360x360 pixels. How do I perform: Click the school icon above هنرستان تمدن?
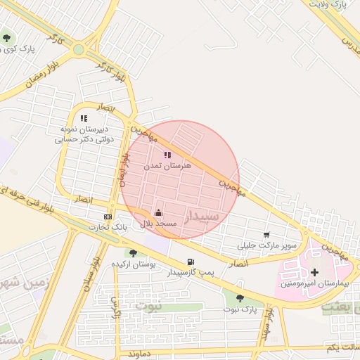click(x=167, y=155)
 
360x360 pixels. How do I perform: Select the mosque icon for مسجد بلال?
click(x=159, y=212)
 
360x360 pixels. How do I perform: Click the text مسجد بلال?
click(x=159, y=223)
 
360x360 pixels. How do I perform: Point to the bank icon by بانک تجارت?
click(x=108, y=217)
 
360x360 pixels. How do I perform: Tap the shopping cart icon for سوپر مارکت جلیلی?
click(x=266, y=236)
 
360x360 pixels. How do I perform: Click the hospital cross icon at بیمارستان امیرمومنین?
click(x=314, y=272)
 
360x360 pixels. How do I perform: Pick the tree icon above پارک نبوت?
click(x=240, y=298)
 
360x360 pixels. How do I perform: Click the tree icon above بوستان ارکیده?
click(x=133, y=253)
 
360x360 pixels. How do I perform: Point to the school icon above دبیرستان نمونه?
click(x=84, y=119)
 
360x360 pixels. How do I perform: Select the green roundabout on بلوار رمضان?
click(x=78, y=49)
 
